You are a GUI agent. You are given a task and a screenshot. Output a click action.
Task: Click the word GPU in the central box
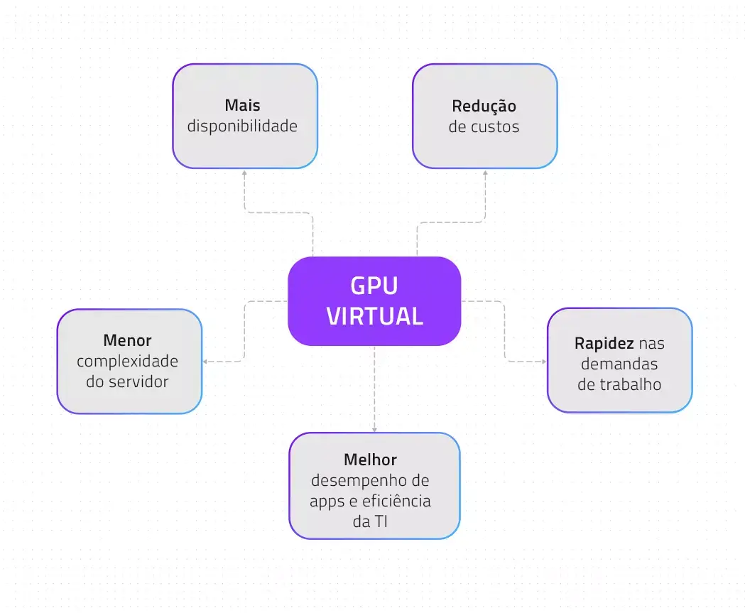374,286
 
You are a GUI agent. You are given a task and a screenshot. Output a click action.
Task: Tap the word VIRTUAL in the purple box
374,316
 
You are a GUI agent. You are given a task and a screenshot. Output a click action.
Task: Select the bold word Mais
242,106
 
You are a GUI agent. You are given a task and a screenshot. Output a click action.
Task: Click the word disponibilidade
242,126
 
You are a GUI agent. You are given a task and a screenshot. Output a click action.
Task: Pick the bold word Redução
484,106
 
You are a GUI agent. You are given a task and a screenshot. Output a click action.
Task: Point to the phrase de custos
484,127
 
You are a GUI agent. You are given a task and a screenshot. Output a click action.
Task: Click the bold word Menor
127,340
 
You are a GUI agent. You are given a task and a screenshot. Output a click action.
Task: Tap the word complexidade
127,361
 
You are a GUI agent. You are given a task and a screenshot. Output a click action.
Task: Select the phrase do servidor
127,381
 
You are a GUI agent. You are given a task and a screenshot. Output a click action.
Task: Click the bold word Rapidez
604,343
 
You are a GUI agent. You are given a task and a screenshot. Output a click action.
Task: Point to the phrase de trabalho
619,384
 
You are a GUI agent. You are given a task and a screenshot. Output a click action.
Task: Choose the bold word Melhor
370,459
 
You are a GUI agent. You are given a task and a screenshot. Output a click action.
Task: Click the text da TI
370,521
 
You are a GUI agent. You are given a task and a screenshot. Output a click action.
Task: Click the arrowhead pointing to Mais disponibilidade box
244,173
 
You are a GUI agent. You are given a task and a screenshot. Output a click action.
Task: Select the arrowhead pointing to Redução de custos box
485,173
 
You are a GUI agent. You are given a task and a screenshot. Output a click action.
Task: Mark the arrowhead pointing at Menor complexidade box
205,362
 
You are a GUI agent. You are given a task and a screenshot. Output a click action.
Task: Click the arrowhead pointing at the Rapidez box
543,362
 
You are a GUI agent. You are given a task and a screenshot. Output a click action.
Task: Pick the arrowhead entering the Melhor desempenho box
374,429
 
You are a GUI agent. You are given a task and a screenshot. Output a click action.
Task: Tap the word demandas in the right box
619,364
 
